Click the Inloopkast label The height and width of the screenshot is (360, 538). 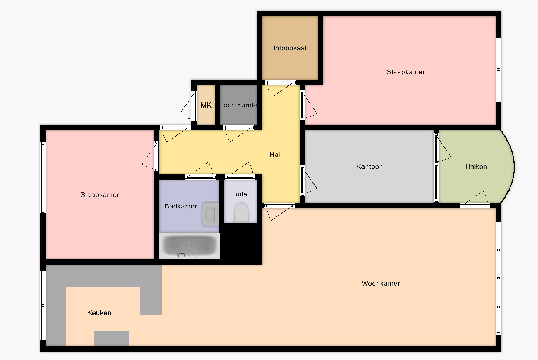click(290, 48)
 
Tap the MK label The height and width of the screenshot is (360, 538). click(206, 105)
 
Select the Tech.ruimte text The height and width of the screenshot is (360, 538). click(238, 105)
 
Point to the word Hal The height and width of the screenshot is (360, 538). click(275, 155)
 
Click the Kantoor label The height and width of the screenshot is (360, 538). click(369, 166)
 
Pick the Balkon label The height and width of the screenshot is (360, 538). click(476, 166)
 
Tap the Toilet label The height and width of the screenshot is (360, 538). click(241, 194)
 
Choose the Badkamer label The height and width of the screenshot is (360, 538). click(181, 206)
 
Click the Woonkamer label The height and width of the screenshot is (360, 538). click(381, 283)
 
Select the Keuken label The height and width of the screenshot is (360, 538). click(99, 313)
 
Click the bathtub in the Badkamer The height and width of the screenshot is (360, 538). click(190, 246)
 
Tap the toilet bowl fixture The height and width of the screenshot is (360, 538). click(241, 213)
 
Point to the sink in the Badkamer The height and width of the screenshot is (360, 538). click(211, 214)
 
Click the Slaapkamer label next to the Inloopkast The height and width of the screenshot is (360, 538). click(406, 72)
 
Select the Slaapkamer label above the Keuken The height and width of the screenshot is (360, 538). click(100, 195)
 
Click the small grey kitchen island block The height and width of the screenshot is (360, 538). click(111, 338)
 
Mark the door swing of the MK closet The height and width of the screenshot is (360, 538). click(188, 105)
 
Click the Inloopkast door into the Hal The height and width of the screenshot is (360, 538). click(280, 89)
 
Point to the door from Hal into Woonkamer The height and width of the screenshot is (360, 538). click(280, 212)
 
